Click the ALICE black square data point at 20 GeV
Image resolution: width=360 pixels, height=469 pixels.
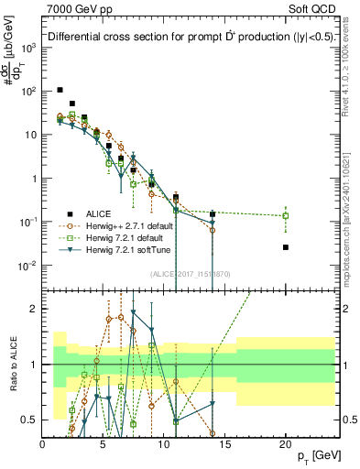(286, 247)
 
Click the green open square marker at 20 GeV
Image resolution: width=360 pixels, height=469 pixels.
(286, 216)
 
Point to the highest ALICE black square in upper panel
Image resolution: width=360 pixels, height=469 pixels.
(60, 90)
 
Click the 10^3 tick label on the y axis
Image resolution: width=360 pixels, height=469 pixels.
(27, 48)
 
